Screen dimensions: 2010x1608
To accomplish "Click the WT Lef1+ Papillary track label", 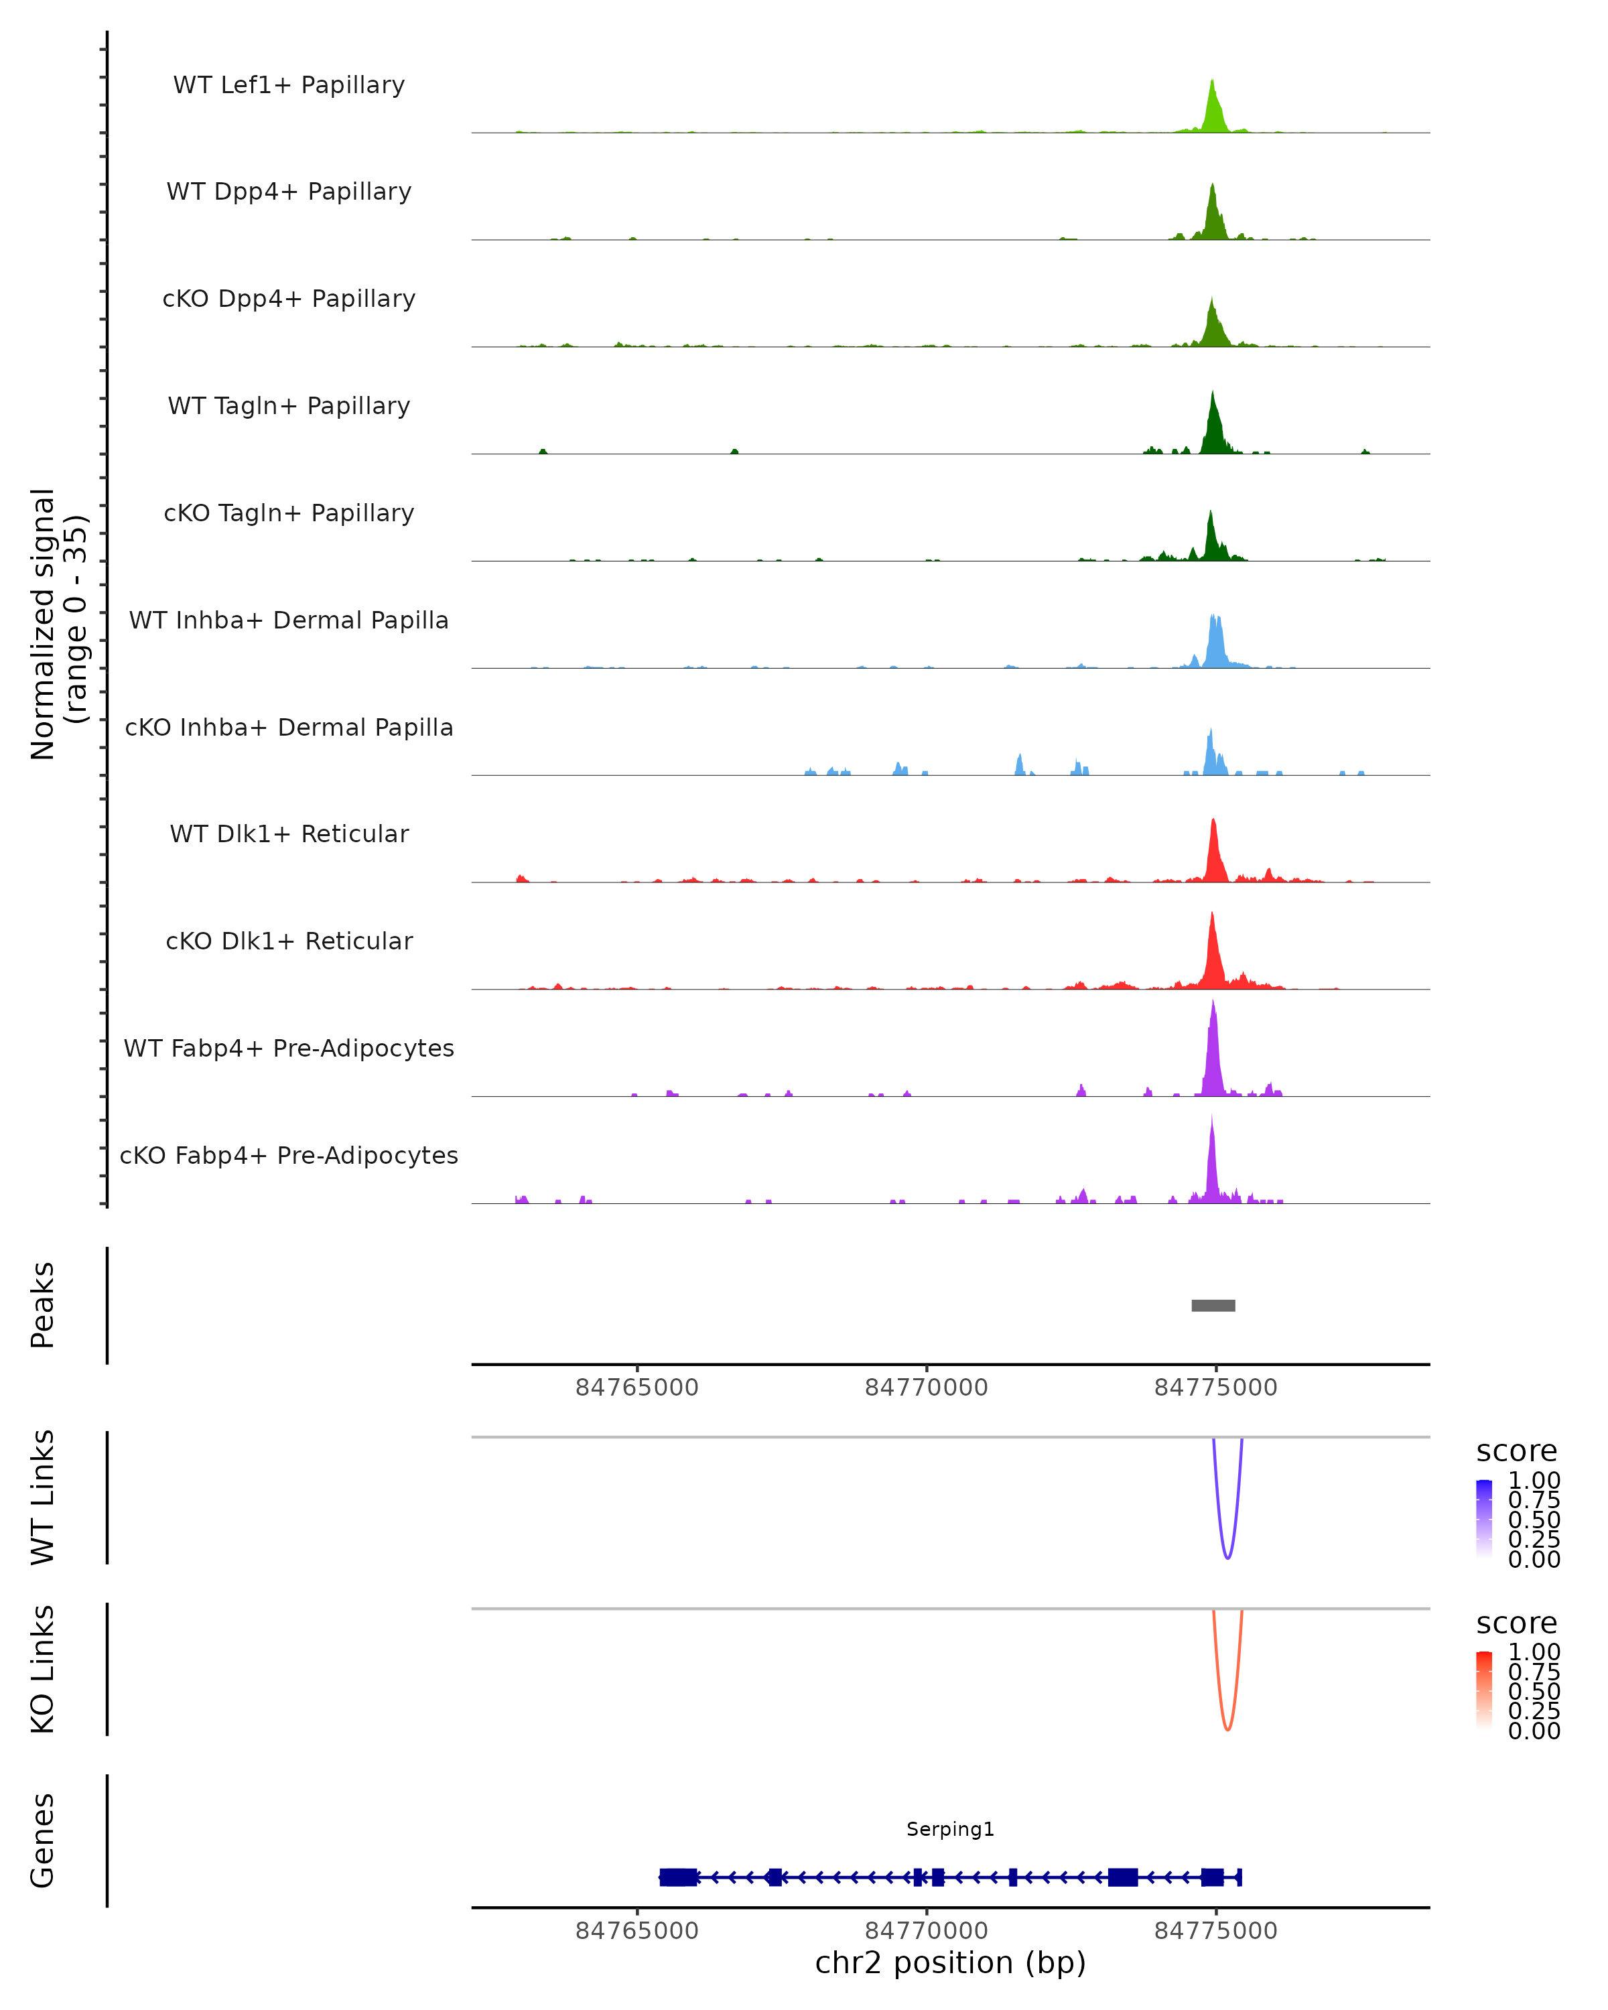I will pyautogui.click(x=289, y=85).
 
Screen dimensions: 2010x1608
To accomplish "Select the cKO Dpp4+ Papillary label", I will pyautogui.click(x=289, y=299).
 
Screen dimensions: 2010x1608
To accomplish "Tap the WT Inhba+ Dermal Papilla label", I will pyautogui.click(x=289, y=621).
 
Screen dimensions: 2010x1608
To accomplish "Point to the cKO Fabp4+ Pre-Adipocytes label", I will pyautogui.click(x=289, y=1156).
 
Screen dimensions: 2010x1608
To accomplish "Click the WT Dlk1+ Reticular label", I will pyautogui.click(x=289, y=834).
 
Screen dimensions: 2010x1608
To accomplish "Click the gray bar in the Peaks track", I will pyautogui.click(x=1213, y=1305).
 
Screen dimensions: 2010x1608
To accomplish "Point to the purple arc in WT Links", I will pyautogui.click(x=1227, y=1557).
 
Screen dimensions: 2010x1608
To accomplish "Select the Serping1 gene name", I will pyautogui.click(x=950, y=1829).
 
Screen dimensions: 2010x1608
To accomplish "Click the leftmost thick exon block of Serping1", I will pyautogui.click(x=677, y=1877).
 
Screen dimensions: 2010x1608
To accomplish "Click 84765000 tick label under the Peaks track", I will pyautogui.click(x=636, y=1388).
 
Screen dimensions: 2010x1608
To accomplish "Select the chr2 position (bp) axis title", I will pyautogui.click(x=950, y=1963).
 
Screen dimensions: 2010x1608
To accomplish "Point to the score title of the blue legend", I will pyautogui.click(x=1516, y=1451).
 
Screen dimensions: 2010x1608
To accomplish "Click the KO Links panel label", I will pyautogui.click(x=43, y=1669).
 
